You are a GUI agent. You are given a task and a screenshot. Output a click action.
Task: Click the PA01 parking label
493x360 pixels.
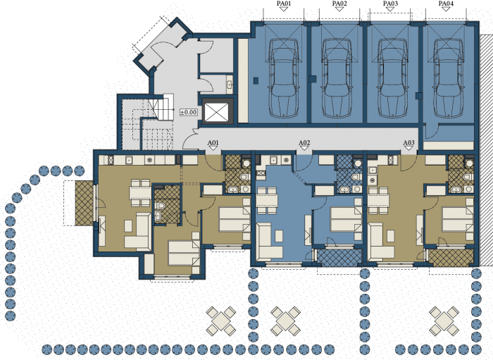coord(284,4)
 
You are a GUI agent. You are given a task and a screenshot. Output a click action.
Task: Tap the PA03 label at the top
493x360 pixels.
coord(390,4)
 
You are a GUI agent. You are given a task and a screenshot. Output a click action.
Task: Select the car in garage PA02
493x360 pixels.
coord(337,78)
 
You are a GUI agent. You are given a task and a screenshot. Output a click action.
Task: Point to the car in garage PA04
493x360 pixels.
coord(449,78)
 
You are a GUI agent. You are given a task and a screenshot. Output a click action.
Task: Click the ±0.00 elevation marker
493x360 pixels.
coord(188,112)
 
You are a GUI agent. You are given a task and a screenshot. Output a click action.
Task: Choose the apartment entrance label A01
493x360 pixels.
coord(213,143)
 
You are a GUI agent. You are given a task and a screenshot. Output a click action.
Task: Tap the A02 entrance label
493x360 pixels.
coord(304,143)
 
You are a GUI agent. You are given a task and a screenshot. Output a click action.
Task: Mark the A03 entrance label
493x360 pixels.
coord(408,143)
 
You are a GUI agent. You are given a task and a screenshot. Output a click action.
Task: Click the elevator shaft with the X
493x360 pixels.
coord(216,112)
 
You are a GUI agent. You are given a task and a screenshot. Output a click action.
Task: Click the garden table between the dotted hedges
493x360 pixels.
coord(285,321)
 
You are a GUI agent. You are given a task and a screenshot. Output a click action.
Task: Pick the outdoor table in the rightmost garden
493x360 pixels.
coord(444,321)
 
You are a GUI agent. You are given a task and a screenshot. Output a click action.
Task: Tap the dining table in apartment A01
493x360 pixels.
coord(140,193)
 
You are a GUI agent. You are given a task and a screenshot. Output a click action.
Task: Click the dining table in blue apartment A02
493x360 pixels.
coord(267,200)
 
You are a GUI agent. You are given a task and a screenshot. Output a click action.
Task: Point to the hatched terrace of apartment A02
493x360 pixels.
coord(339,258)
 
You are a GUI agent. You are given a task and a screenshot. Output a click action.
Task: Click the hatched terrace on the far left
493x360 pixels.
coord(85,204)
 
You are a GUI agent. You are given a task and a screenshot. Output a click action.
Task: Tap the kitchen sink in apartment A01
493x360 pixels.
coord(128,160)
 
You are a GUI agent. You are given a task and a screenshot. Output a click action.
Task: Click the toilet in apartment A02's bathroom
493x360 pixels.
coord(355,177)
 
